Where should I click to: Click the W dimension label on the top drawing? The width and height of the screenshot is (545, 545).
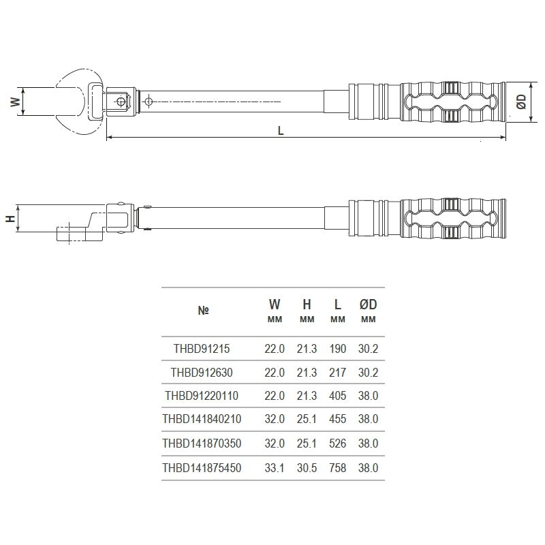click(x=14, y=102)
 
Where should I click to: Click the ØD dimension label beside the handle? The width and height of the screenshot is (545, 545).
click(x=522, y=102)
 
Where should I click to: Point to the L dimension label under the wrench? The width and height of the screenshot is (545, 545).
click(x=281, y=131)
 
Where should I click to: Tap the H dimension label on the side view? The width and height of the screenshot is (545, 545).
click(x=10, y=219)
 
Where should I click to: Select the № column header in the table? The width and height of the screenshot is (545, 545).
click(x=203, y=310)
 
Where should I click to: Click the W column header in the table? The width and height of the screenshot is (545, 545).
click(x=274, y=305)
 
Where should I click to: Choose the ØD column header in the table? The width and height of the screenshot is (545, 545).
click(x=368, y=305)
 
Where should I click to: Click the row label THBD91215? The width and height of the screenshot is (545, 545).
click(x=201, y=348)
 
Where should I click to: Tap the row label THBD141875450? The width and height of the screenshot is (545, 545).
click(x=202, y=467)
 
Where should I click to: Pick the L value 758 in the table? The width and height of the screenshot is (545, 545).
click(x=337, y=467)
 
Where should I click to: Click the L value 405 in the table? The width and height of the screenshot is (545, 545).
click(x=337, y=396)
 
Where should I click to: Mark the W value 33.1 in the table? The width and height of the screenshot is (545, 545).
click(x=275, y=467)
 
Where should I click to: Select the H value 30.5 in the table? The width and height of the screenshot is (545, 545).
click(x=307, y=467)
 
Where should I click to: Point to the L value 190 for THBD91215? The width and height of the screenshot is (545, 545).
click(x=337, y=348)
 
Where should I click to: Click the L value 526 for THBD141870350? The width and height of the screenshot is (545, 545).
click(x=337, y=443)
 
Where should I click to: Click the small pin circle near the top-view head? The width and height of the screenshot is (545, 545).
click(x=121, y=102)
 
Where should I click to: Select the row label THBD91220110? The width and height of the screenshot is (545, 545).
click(x=202, y=396)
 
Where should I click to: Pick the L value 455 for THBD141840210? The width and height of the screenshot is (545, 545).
click(x=337, y=420)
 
